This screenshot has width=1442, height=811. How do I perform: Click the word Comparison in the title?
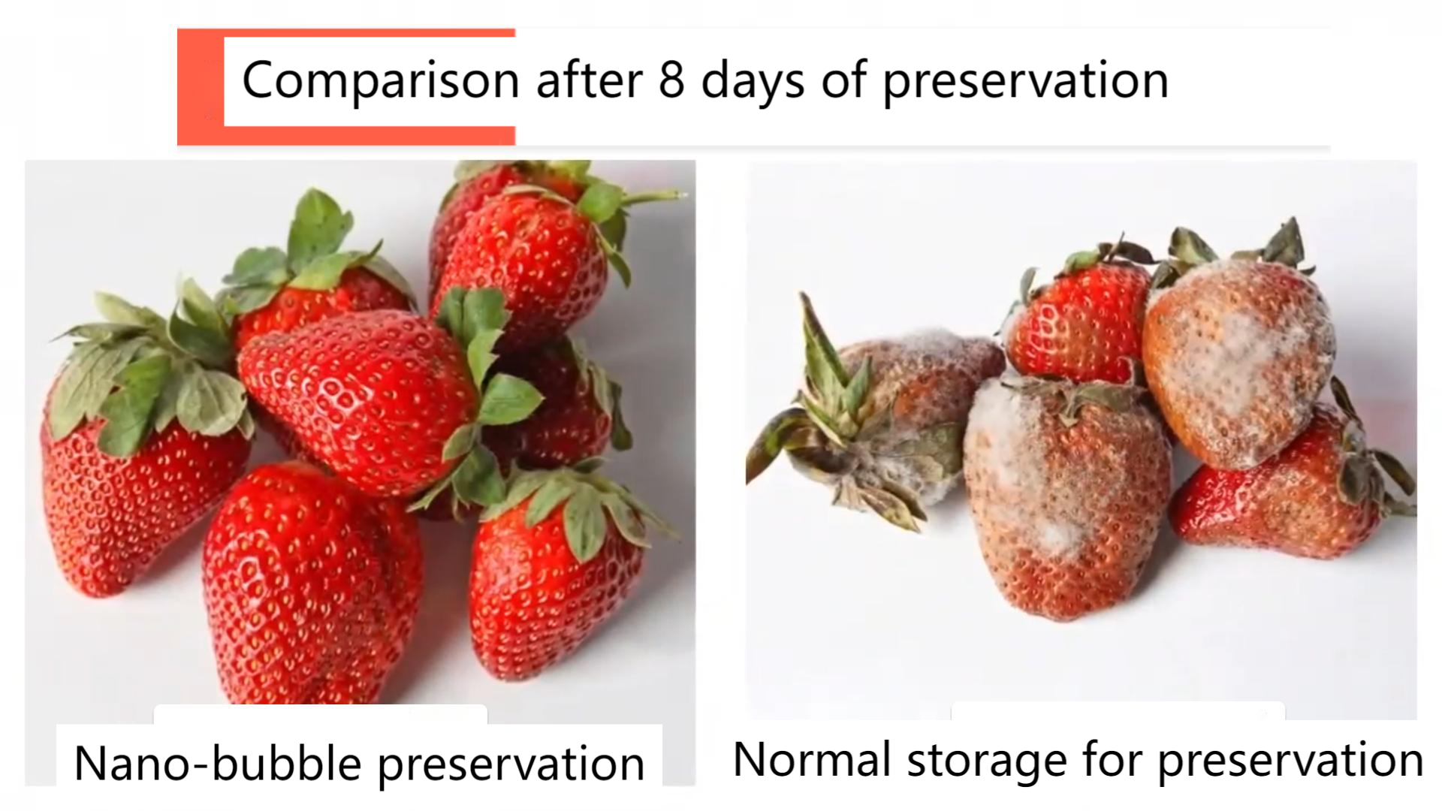coord(381,81)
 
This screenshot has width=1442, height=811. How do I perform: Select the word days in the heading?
coord(753,81)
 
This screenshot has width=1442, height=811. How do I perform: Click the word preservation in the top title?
coord(1025,81)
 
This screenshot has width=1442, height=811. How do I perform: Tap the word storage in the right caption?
coord(987,762)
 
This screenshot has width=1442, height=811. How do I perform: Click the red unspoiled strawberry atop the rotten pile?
coord(1078,323)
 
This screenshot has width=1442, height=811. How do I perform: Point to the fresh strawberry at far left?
coord(143,458)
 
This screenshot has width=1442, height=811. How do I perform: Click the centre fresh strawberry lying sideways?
coord(360,398)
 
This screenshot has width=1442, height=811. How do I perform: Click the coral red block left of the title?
coord(201,86)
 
